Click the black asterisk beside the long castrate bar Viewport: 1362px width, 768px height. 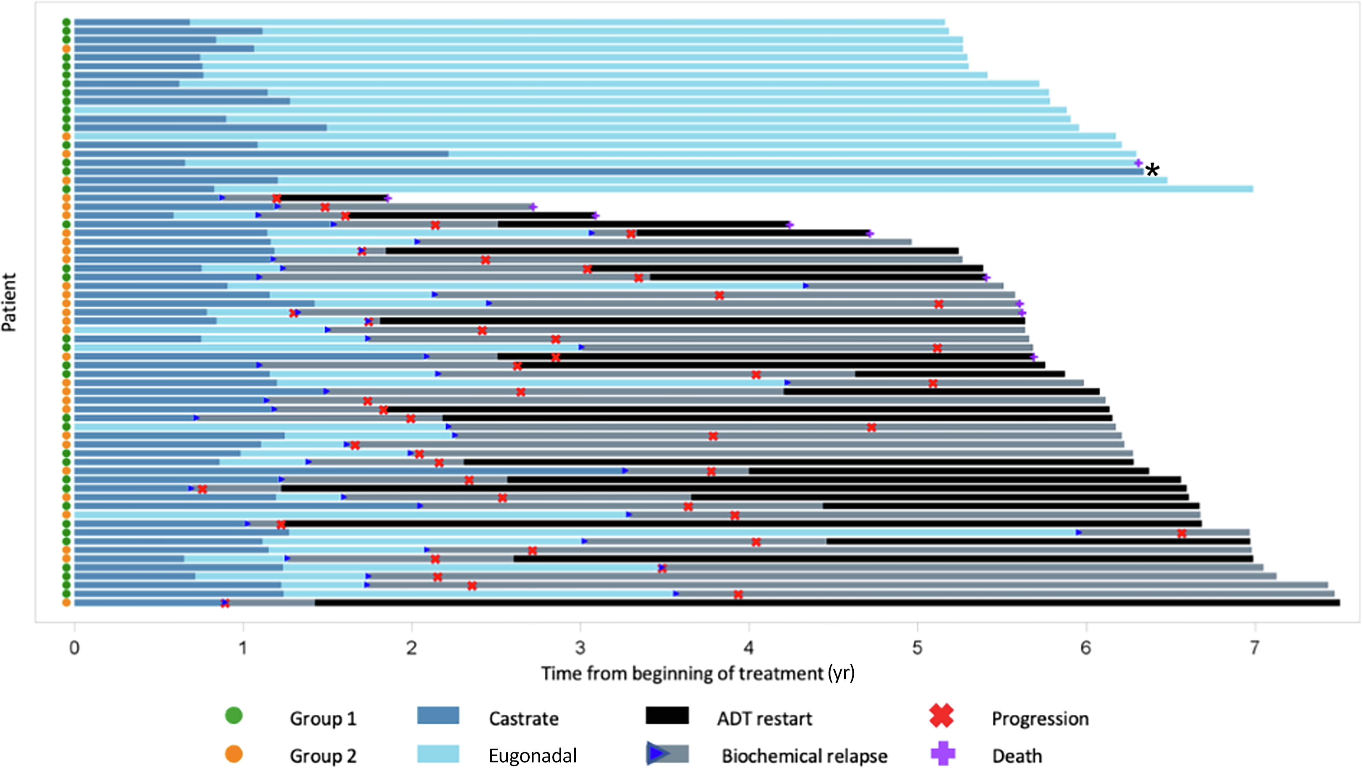1153,171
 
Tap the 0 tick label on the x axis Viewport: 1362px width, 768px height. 75,648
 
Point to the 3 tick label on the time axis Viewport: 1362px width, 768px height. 580,648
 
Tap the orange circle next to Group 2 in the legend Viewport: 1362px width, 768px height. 234,754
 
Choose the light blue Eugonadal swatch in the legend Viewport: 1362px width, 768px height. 438,754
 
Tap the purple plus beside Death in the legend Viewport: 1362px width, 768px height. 942,754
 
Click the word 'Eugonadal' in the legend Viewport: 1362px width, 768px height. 533,756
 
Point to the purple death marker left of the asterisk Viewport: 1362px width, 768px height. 1138,163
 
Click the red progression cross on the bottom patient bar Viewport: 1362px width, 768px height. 225,603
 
